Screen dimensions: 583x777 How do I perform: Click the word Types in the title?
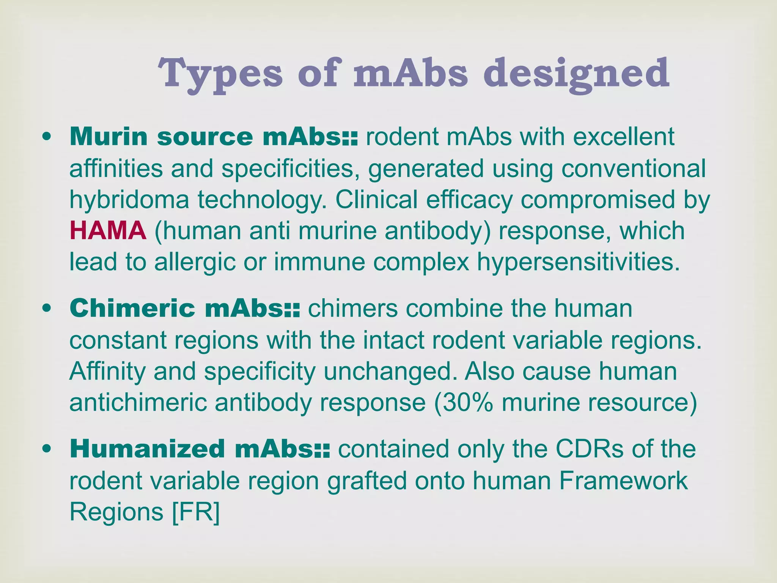pos(220,73)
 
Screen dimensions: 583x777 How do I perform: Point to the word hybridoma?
pos(129,200)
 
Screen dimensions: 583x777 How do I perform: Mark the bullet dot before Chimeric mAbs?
pos(47,309)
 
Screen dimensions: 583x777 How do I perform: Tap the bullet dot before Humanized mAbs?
pos(47,449)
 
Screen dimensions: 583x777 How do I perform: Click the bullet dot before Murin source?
pos(47,137)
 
